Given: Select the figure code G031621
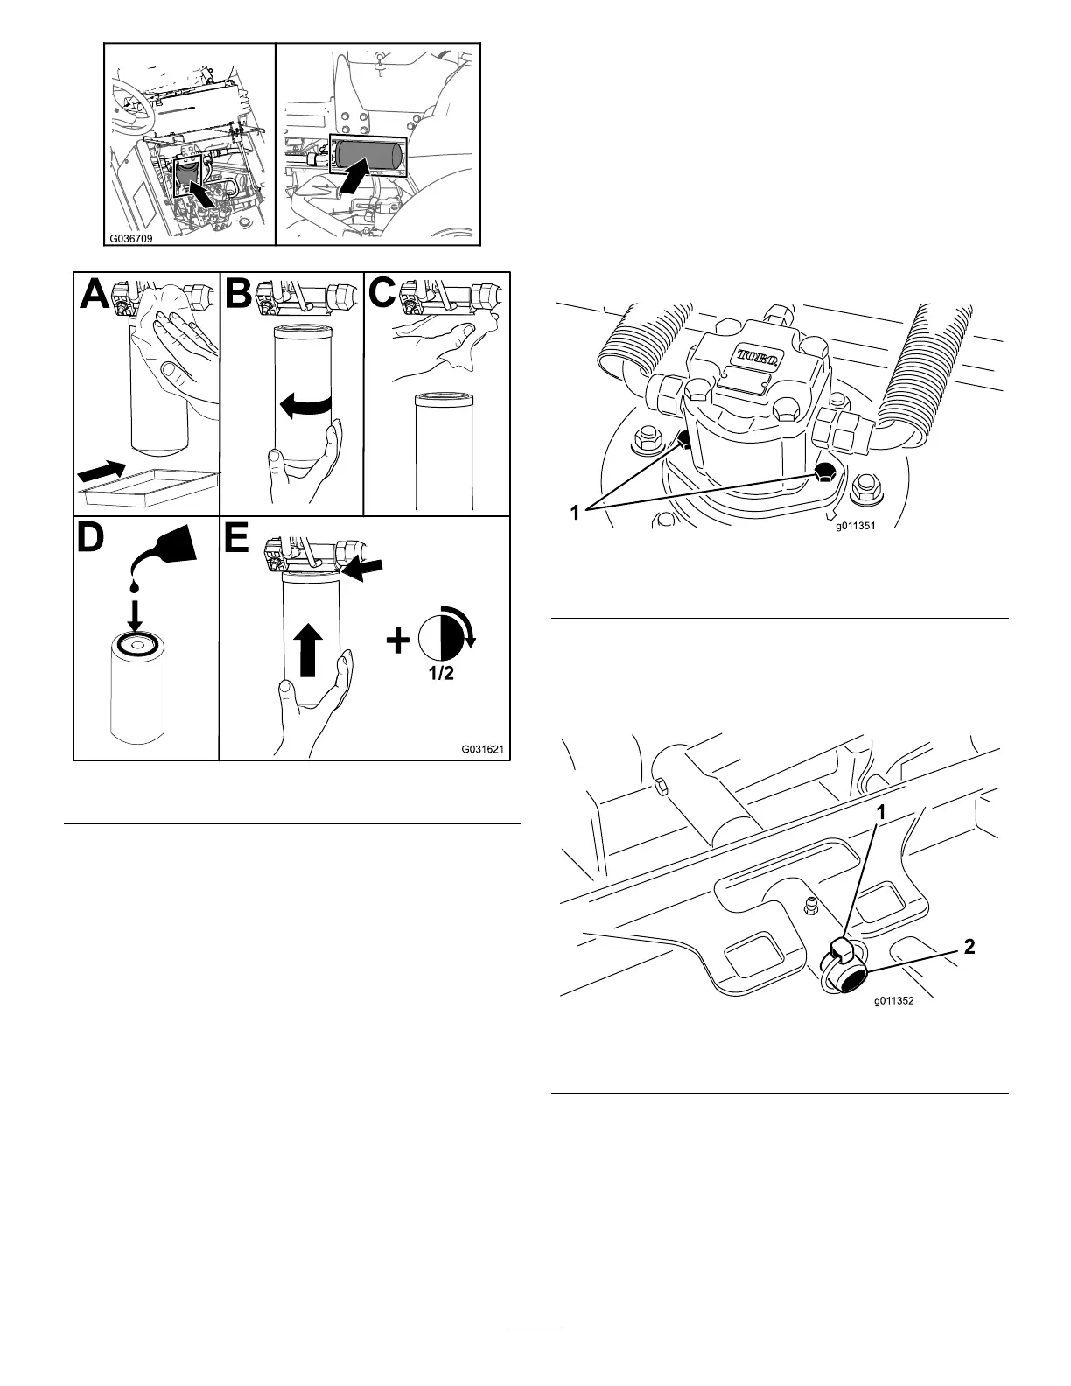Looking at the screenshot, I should point(482,748).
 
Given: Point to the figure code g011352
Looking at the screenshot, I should point(892,1003).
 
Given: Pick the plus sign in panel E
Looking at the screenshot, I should point(397,642).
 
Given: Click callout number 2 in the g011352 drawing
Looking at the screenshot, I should point(969,946).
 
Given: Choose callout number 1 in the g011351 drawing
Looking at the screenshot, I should point(575,514).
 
